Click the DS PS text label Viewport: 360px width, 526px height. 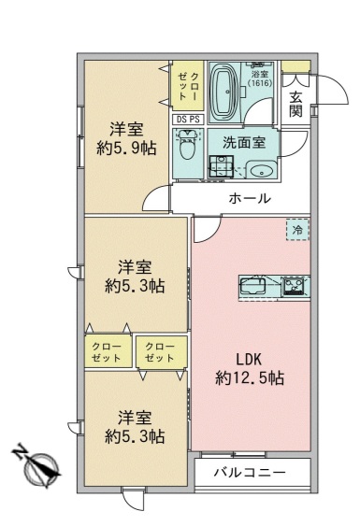[x=187, y=119]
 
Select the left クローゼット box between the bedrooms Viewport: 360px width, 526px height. [x=106, y=352]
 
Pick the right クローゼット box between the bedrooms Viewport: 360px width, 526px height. [x=159, y=352]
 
